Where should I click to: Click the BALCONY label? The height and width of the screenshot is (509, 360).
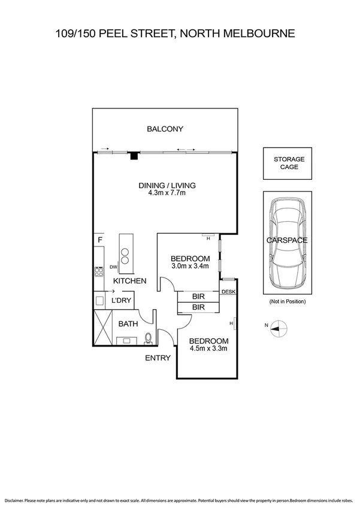tap(165, 129)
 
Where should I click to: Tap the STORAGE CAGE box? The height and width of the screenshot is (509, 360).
tap(289, 163)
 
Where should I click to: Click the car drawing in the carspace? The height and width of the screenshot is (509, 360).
tap(289, 243)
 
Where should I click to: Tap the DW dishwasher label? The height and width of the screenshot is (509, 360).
tap(114, 267)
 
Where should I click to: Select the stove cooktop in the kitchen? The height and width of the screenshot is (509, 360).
tap(99, 271)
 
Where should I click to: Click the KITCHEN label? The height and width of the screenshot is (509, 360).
tap(130, 281)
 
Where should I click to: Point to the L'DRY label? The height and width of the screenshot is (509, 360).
tap(122, 300)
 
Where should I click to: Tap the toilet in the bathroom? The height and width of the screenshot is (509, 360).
tap(148, 339)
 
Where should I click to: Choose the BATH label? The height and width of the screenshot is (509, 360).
tap(128, 324)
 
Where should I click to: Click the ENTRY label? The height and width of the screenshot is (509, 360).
tap(158, 358)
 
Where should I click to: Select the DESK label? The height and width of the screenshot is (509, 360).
tap(228, 292)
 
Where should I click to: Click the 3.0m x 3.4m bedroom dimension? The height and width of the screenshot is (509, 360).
tap(190, 266)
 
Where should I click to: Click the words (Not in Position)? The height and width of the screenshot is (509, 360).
tap(288, 302)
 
